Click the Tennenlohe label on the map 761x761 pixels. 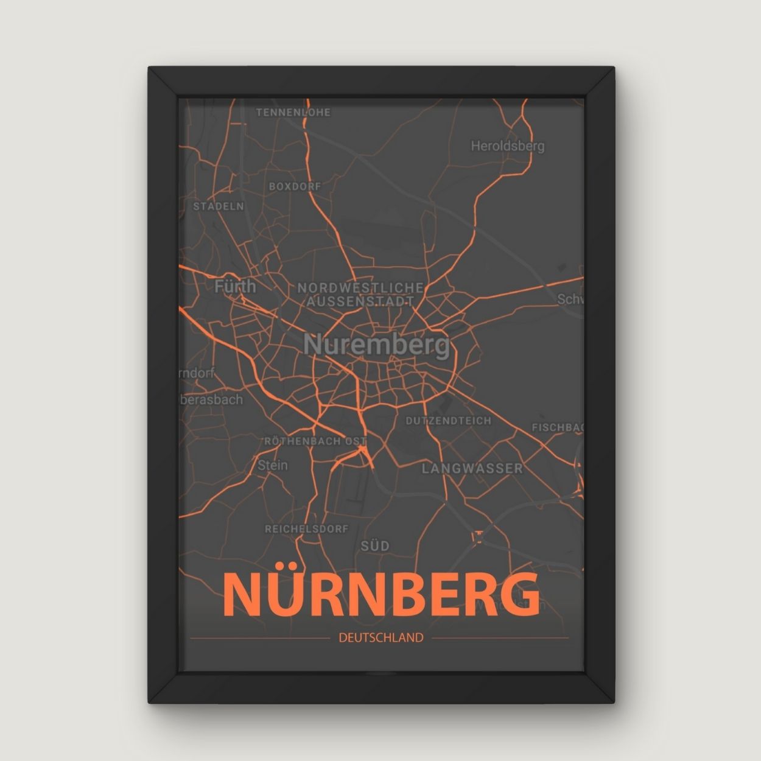[293, 113]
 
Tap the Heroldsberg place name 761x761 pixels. [507, 146]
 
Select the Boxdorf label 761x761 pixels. [295, 186]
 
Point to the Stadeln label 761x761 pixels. [219, 206]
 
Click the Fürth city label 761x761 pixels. [235, 286]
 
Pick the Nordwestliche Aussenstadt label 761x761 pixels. [360, 294]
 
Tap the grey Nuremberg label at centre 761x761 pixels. [376, 345]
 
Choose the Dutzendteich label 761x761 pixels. [449, 421]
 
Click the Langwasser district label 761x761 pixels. [472, 468]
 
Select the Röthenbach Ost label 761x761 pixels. [315, 441]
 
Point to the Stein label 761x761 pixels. [272, 465]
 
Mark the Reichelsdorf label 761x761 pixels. [306, 529]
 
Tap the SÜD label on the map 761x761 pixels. [375, 546]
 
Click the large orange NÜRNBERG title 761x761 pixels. [380, 594]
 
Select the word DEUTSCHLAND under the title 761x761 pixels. [380, 638]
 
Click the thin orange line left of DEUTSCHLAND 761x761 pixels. [259, 638]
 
